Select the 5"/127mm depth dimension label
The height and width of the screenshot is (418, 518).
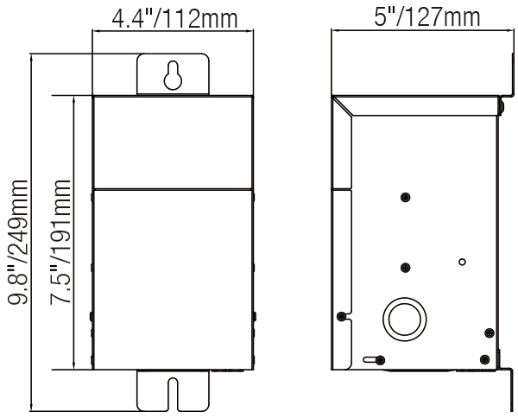419,16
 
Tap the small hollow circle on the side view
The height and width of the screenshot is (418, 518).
463,261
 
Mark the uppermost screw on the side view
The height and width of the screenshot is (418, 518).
405,198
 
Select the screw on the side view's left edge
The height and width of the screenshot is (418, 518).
342,315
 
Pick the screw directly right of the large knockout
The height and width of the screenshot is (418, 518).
489,332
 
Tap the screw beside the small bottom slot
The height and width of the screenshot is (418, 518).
382,358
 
